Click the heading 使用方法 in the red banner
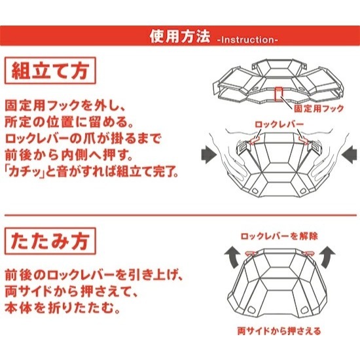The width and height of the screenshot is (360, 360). (x=180, y=37)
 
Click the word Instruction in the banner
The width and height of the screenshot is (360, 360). (x=247, y=40)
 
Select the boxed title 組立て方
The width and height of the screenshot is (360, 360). (x=50, y=71)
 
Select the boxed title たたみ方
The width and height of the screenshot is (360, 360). (x=50, y=241)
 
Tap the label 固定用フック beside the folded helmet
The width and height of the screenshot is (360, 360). (x=319, y=109)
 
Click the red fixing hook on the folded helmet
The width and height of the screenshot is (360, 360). (x=278, y=94)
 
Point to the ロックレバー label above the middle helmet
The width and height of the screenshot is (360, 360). (x=279, y=124)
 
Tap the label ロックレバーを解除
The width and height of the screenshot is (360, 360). (x=279, y=236)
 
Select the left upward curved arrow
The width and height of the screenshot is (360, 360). (x=233, y=257)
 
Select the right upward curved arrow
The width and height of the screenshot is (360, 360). (x=327, y=257)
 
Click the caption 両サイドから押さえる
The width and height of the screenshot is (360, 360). (x=279, y=331)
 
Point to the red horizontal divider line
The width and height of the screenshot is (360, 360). (x=181, y=215)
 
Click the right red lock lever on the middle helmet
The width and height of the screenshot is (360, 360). (x=304, y=139)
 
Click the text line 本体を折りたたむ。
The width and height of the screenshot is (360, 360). (x=63, y=308)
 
